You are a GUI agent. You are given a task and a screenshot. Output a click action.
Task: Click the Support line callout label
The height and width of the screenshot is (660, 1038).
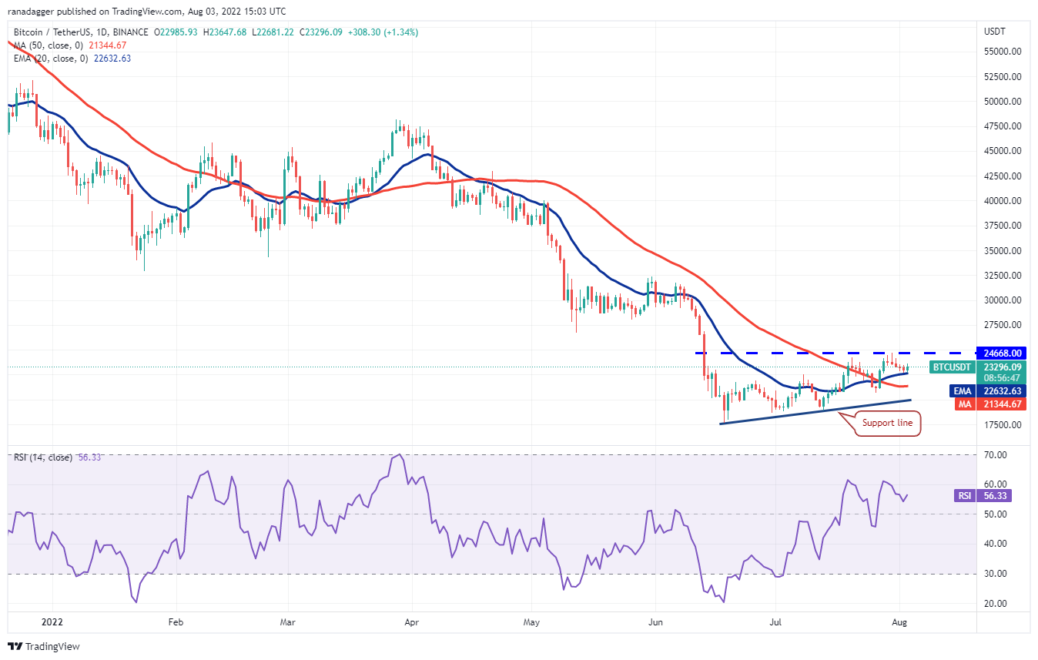click(888, 423)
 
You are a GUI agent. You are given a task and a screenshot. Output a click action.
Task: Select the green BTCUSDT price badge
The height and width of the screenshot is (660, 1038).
click(951, 367)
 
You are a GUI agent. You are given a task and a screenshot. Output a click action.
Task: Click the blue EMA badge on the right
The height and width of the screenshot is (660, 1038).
click(963, 391)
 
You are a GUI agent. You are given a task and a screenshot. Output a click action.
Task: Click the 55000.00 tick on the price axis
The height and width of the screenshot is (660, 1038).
click(1002, 52)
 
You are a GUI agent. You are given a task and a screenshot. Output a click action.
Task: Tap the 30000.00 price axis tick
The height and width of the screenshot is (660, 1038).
click(1002, 300)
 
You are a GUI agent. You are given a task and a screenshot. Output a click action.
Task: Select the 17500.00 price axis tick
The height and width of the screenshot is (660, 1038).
click(1002, 425)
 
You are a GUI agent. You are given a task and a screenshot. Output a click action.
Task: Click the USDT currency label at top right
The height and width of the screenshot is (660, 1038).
click(994, 32)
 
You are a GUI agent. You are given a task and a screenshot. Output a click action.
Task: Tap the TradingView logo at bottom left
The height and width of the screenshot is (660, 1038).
click(44, 646)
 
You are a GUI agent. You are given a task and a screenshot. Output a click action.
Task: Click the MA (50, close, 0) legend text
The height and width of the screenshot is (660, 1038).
click(48, 45)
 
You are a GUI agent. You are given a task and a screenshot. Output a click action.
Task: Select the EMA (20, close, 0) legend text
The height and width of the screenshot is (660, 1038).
click(50, 58)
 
